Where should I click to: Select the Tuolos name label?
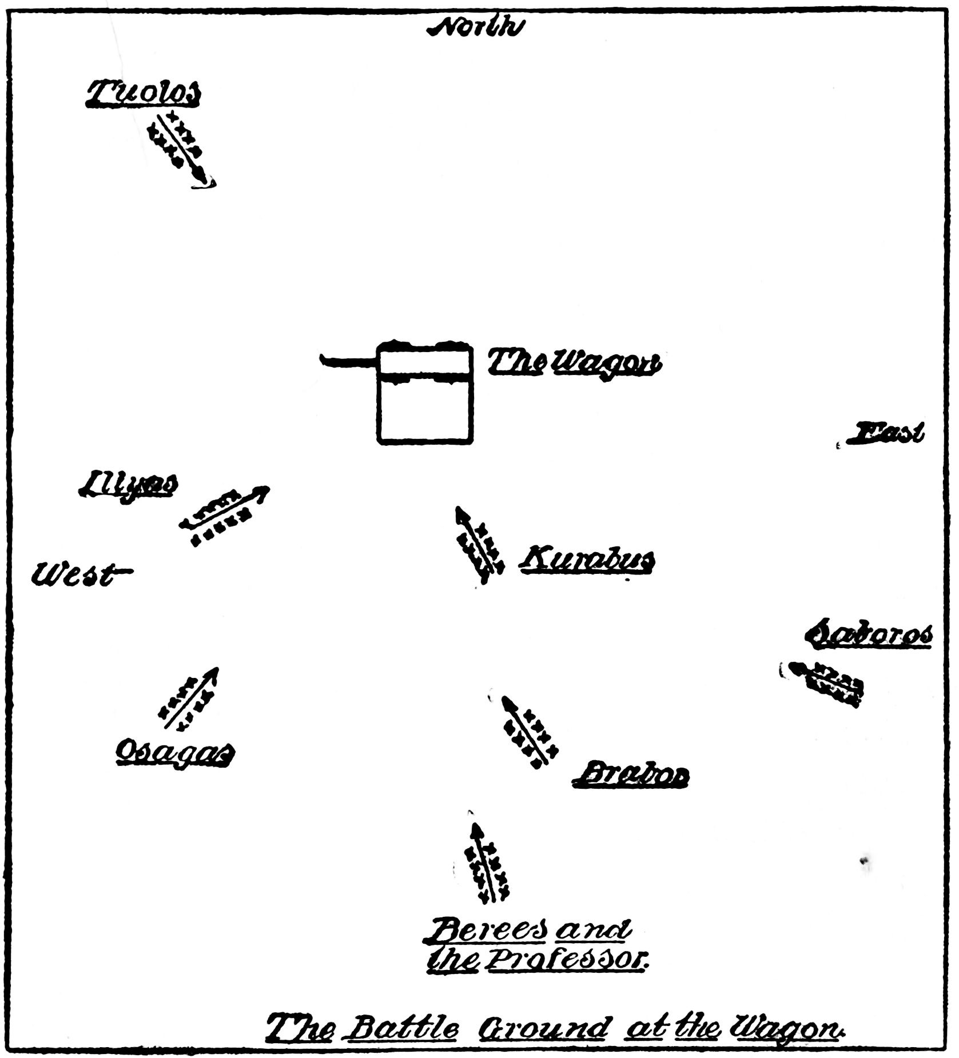(x=144, y=93)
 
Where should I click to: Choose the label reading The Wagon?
(x=574, y=362)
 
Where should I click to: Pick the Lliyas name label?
(x=128, y=485)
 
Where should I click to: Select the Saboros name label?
(x=869, y=634)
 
